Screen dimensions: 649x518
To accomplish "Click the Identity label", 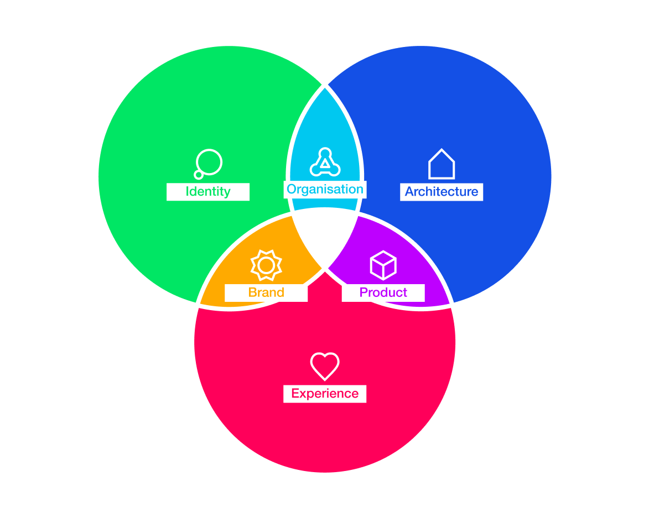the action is click(x=208, y=191).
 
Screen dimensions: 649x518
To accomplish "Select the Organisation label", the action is click(x=325, y=189).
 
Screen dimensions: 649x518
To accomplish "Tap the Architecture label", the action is click(x=441, y=192).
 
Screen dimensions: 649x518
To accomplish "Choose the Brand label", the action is click(x=266, y=292).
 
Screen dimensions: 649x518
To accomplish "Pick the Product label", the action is click(x=383, y=292).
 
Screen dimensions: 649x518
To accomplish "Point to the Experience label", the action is click(x=325, y=394).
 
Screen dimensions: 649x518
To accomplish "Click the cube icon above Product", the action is click(x=383, y=265).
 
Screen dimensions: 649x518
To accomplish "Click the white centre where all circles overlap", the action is click(x=324, y=236).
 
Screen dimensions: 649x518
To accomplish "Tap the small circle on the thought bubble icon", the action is click(x=199, y=175).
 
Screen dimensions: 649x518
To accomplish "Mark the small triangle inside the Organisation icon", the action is click(x=325, y=163).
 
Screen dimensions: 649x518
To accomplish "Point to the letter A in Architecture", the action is click(x=409, y=192).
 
